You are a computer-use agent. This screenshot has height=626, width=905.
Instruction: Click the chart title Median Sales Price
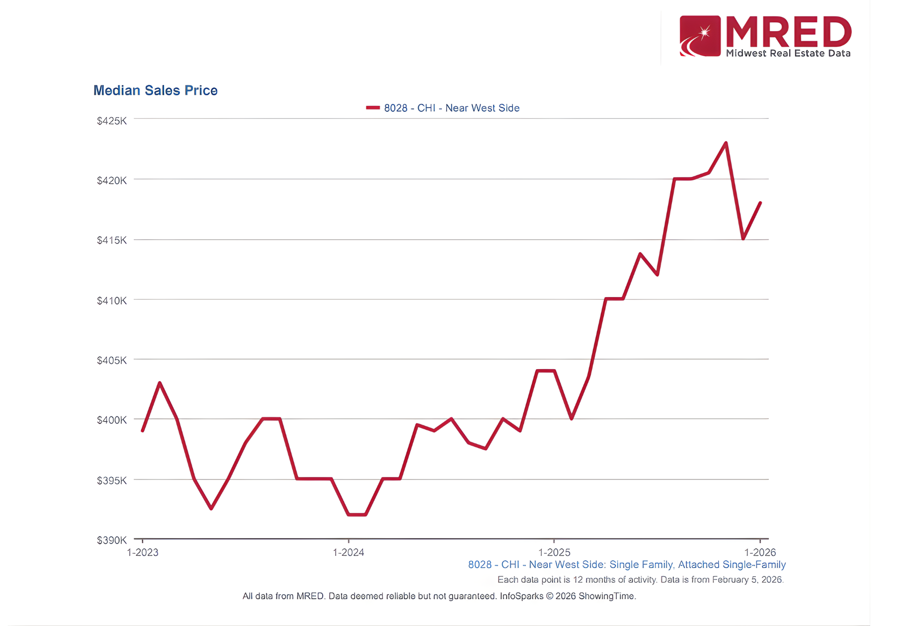(155, 90)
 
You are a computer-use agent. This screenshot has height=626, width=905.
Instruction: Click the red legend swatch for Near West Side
(373, 108)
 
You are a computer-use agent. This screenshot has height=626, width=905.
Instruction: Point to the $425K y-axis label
(112, 121)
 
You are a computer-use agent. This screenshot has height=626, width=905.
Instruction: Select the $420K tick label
(112, 180)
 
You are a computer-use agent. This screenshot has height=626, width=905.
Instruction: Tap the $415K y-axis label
(112, 240)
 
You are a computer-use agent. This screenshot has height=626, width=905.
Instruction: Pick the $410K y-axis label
(112, 301)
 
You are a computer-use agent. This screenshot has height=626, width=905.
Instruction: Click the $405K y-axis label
(112, 360)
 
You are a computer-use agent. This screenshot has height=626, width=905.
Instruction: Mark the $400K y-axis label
(112, 420)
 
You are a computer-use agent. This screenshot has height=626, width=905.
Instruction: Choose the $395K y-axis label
(112, 480)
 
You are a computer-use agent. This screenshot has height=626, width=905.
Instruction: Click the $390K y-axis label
(112, 540)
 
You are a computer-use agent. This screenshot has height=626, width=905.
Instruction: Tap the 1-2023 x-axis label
(143, 552)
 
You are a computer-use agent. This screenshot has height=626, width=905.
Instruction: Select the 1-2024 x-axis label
(348, 552)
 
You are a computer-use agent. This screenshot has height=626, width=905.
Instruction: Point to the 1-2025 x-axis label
(554, 552)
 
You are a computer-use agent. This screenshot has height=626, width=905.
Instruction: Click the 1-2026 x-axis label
(760, 552)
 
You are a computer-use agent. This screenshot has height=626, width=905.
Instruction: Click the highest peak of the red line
(726, 143)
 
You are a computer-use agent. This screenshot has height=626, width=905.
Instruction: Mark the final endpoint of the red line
(760, 203)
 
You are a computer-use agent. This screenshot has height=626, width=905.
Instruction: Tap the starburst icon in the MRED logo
(704, 33)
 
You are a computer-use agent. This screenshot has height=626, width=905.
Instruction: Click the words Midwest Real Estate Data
(788, 53)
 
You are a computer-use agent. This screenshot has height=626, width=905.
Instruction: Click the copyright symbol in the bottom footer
(550, 596)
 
